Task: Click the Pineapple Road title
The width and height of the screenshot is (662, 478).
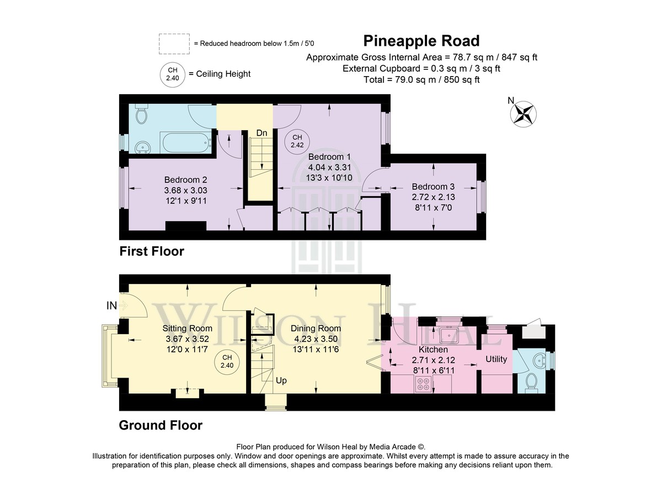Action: point(421,41)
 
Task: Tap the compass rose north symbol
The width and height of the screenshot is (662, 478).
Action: point(523,114)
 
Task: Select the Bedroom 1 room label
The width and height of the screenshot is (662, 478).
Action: point(329,157)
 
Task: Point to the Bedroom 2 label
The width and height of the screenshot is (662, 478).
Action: point(185,180)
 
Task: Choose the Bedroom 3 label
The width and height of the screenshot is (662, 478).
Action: point(433,186)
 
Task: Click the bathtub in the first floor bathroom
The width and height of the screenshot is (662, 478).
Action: point(185,143)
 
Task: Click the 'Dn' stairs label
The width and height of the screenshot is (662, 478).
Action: point(261,133)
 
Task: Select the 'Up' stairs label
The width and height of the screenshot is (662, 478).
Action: point(281,380)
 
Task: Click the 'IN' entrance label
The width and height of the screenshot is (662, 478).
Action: point(111,306)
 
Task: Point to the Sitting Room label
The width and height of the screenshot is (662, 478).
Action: point(188,328)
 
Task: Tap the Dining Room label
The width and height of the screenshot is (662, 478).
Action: point(316,328)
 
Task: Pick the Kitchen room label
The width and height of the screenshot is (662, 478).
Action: point(433,350)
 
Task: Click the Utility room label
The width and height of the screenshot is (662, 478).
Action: point(496,359)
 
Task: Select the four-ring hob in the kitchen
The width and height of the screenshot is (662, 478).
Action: point(423,384)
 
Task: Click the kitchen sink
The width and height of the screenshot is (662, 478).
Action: point(449,335)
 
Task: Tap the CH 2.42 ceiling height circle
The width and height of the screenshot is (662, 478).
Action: point(297,141)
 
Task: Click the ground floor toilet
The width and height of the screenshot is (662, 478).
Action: point(531,383)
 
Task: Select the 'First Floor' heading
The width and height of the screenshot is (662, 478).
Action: point(152,251)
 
